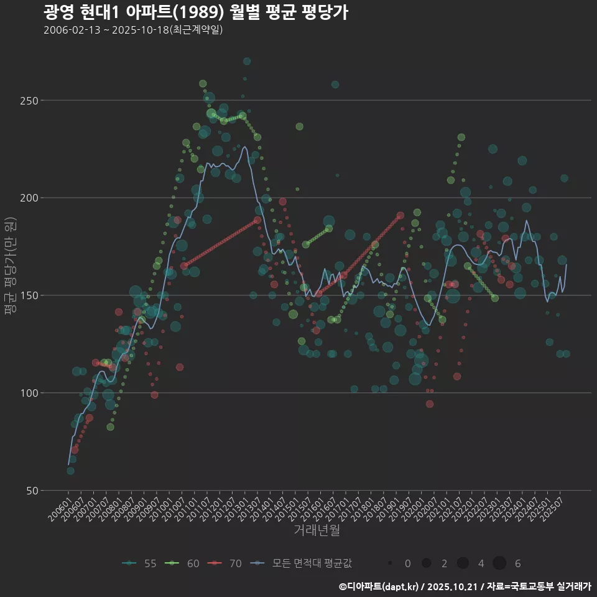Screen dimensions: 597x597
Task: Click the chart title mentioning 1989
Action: [x=195, y=12]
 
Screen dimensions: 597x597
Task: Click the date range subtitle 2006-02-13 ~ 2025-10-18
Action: [x=133, y=30]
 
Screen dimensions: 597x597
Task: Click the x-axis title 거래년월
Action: [x=317, y=530]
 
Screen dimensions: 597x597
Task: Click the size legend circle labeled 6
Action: [x=499, y=563]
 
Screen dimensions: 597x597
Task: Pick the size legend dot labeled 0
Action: [x=390, y=563]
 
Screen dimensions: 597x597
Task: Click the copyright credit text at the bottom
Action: [x=465, y=586]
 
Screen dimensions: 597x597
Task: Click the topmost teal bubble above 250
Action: [x=247, y=61]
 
